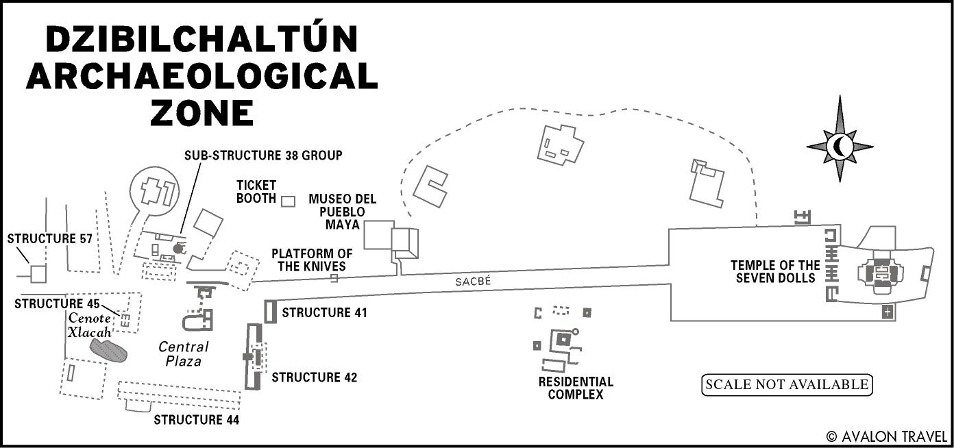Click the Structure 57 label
tap(49, 239)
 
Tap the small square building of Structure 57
tap(38, 274)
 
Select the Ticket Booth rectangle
tap(289, 201)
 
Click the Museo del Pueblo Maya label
tap(342, 212)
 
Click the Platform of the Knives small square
tap(334, 278)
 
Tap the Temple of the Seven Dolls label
tap(775, 271)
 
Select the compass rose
tap(840, 146)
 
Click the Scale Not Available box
tap(787, 385)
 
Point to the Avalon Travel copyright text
tap(887, 436)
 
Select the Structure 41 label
tap(324, 313)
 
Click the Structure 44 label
tap(196, 420)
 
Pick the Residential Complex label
tap(576, 388)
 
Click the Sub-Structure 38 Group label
tap(263, 155)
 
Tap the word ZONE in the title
tap(201, 112)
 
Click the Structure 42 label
tap(315, 377)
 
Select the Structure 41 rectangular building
tap(269, 310)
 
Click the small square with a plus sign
tap(888, 312)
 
